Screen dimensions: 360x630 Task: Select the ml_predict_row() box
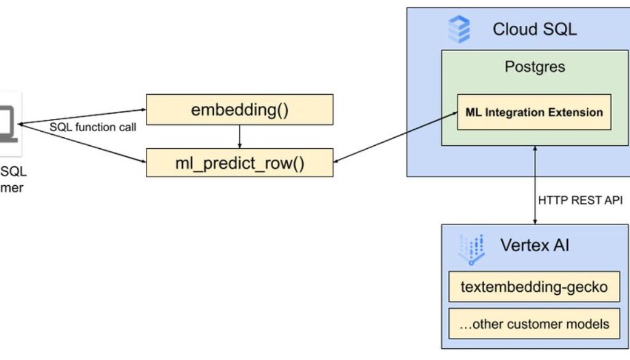(239, 163)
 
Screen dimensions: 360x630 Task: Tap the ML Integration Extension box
(533, 112)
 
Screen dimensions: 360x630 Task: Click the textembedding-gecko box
(533, 287)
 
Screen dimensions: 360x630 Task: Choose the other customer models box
(533, 323)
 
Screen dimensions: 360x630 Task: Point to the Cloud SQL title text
(534, 29)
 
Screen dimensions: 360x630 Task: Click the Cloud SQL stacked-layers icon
(459, 30)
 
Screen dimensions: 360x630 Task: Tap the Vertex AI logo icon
(471, 248)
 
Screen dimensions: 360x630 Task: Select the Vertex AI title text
(534, 245)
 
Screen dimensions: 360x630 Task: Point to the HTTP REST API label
(580, 200)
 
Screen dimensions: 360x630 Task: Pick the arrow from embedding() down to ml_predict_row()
(239, 136)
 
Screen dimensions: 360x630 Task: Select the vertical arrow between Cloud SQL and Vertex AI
(534, 185)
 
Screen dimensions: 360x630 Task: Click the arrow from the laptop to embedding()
(80, 117)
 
